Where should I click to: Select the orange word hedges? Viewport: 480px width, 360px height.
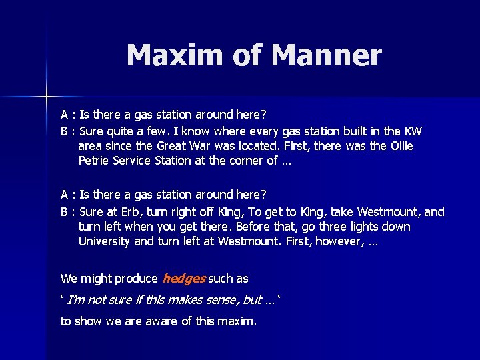point(183,279)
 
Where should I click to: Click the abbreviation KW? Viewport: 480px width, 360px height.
point(413,131)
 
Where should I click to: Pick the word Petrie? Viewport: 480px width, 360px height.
point(93,160)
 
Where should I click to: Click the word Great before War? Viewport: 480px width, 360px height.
point(171,145)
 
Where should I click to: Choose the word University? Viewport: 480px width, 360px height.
point(105,241)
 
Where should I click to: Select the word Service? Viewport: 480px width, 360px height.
point(131,160)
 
